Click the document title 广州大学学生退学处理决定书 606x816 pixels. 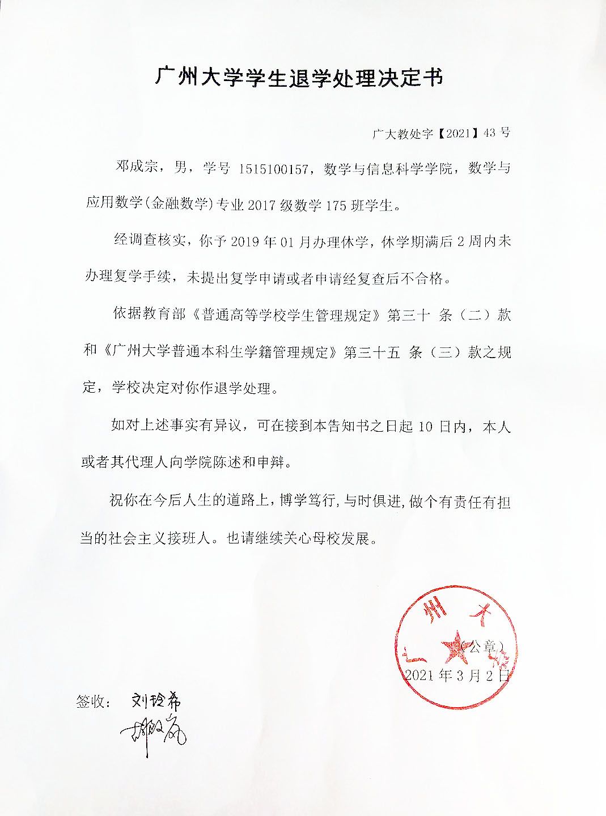[299, 78]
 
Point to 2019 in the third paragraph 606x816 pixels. [245, 242]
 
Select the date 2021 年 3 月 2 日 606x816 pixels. [457, 675]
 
